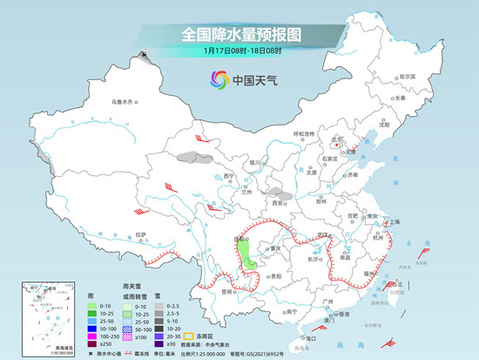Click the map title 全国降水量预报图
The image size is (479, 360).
tap(239, 35)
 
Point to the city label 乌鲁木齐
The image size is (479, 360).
tap(123, 102)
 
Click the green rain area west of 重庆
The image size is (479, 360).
tap(248, 258)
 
